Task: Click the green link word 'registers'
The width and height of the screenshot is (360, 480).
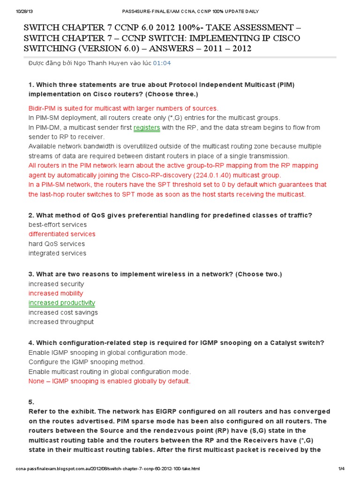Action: pyautogui.click(x=147, y=127)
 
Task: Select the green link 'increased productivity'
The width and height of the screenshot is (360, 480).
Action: pyautogui.click(x=61, y=303)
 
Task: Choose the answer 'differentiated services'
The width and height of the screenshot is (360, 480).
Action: pyautogui.click(x=62, y=234)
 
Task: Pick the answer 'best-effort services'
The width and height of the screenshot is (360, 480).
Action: pyautogui.click(x=58, y=225)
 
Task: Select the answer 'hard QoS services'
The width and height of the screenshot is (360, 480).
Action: pyautogui.click(x=57, y=244)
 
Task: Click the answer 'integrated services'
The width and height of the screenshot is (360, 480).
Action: pyautogui.click(x=58, y=253)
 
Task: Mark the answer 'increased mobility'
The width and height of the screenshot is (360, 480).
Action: pyautogui.click(x=56, y=293)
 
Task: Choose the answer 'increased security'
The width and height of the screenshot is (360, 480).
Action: pyautogui.click(x=56, y=284)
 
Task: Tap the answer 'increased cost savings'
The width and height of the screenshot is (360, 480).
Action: pyautogui.click(x=63, y=312)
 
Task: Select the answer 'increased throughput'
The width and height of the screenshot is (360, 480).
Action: pyautogui.click(x=61, y=322)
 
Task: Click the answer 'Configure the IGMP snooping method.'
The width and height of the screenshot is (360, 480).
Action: pyautogui.click(x=87, y=362)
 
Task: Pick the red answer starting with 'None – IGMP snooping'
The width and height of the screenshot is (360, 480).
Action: pyautogui.click(x=110, y=381)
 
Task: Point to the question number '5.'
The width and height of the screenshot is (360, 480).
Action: pyautogui.click(x=31, y=402)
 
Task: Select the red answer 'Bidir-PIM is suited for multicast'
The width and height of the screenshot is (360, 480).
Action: pyautogui.click(x=123, y=108)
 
